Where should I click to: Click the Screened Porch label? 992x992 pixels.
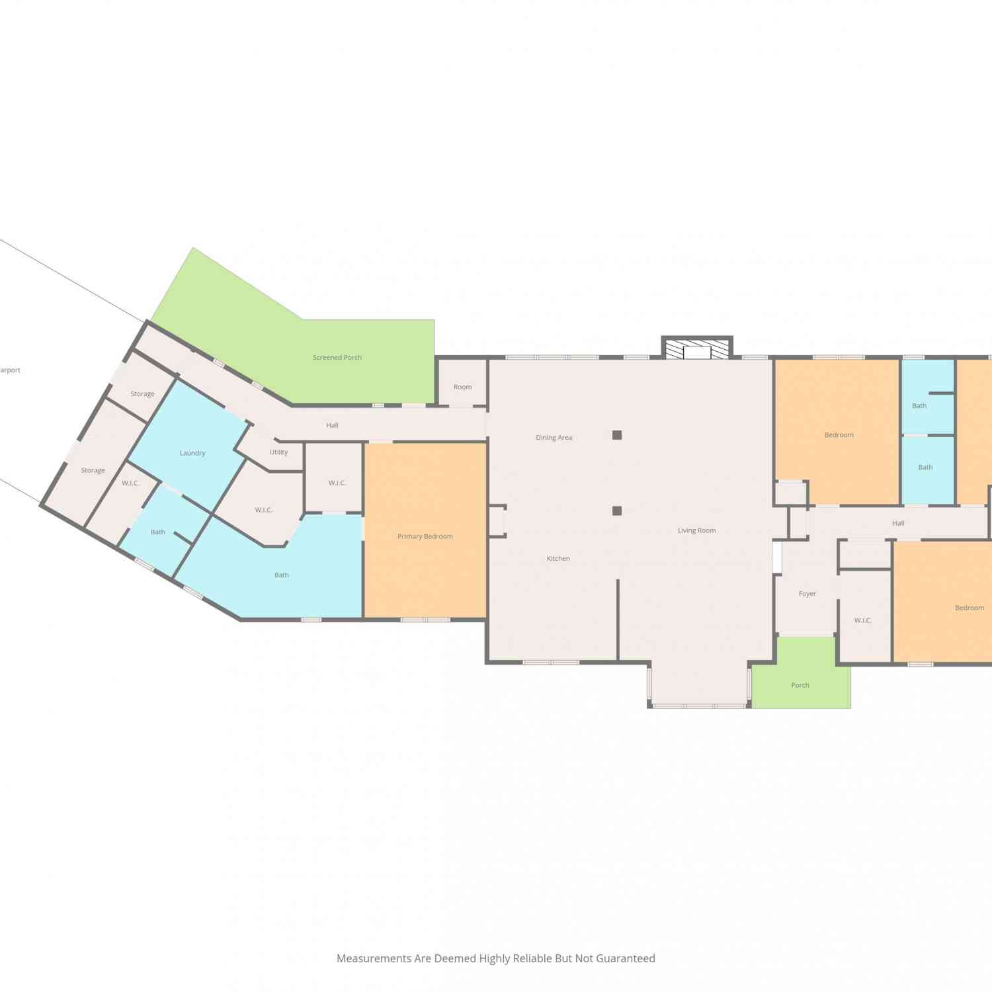coord(337,358)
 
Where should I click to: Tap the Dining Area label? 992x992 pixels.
coord(554,438)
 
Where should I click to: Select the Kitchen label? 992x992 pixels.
coord(558,559)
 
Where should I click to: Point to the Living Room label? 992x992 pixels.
coord(696,530)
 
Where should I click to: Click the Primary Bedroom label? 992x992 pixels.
coord(425,536)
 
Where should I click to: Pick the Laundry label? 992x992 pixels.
coord(192,453)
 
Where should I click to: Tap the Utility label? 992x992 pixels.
coord(278,452)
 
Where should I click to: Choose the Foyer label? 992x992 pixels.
coord(807,594)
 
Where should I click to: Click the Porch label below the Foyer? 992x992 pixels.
coord(800,685)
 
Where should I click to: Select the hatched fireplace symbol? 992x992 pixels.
coord(697,349)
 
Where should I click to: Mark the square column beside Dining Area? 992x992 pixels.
coord(617,435)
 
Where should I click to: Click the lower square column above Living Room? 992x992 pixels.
coord(617,511)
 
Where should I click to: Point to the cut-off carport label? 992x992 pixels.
coord(10,370)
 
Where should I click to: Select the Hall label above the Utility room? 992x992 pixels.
coord(332,425)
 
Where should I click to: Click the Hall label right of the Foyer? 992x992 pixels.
coord(898,523)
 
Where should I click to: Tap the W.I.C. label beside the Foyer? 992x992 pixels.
coord(863,620)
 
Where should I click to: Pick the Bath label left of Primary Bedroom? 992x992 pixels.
coord(282,575)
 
